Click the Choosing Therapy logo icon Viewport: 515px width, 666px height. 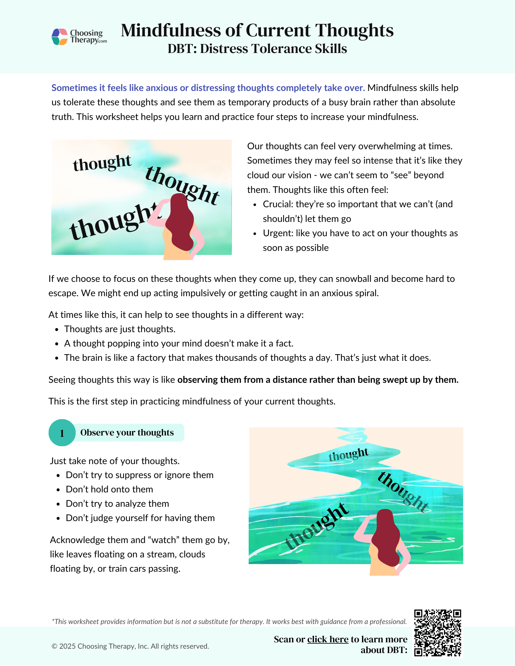[60, 37]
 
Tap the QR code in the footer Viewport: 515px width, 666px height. [437, 633]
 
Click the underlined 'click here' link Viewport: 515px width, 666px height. [328, 639]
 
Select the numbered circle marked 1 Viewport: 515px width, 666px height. [62, 433]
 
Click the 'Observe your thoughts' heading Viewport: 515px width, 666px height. [127, 432]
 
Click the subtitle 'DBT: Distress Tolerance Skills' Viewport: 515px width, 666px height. [257, 49]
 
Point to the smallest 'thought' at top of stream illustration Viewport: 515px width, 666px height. [348, 454]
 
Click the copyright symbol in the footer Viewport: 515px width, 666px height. [54, 646]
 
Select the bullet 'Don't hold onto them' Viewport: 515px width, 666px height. [109, 489]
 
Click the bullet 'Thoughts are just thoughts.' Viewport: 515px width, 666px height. [120, 329]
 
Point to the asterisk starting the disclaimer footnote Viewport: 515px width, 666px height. [53, 621]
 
